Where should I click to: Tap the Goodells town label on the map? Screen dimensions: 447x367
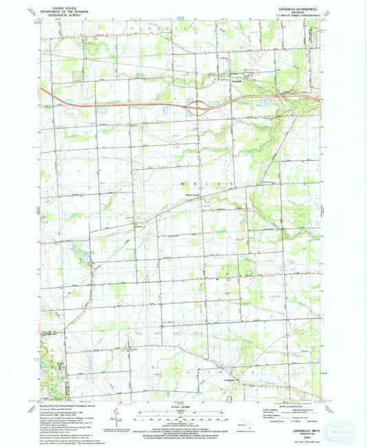[235, 81]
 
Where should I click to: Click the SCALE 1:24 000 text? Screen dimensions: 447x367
[178, 407]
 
